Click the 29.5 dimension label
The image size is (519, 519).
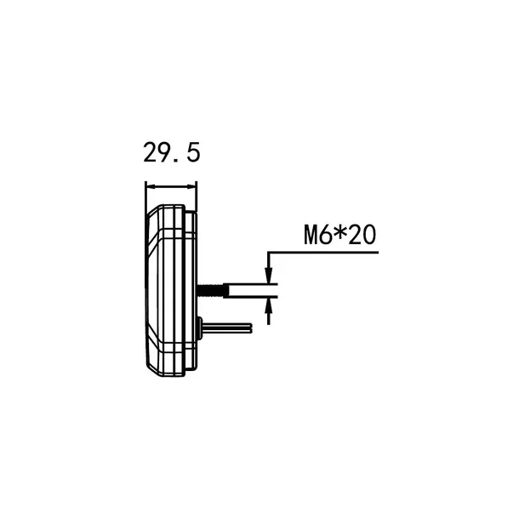click(172, 152)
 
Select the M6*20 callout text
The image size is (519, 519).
click(340, 235)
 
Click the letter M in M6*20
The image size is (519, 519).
click(311, 235)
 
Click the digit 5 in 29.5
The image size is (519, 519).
click(194, 152)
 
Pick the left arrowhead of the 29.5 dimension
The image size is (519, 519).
click(151, 187)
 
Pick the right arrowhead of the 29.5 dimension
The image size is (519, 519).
click(192, 187)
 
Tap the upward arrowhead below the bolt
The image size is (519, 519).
click(269, 306)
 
